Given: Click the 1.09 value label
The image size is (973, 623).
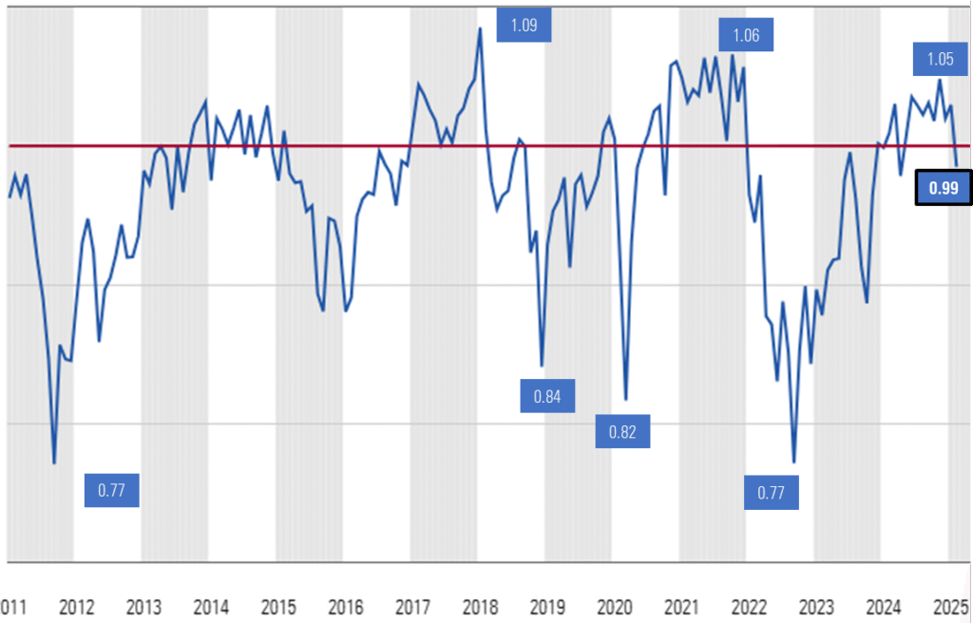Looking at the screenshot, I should click(524, 26).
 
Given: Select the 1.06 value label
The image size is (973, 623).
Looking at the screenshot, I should click(746, 36).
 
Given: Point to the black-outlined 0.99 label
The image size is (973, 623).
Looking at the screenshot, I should click(943, 188).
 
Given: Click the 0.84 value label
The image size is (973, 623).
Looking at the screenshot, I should click(547, 396).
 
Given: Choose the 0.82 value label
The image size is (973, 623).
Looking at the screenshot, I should click(622, 432).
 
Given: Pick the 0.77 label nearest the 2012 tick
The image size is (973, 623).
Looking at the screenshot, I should click(112, 491).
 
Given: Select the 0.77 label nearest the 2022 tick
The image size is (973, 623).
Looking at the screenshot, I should click(771, 492).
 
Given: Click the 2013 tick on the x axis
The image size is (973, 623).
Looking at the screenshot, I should click(143, 609).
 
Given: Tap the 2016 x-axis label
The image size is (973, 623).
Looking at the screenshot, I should click(345, 609).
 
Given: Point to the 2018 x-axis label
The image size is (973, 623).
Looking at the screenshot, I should click(480, 609).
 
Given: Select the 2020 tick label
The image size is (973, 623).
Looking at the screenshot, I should click(614, 609).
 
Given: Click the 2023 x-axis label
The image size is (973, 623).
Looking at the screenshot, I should click(816, 609).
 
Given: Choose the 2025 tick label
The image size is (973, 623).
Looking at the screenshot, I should click(950, 609).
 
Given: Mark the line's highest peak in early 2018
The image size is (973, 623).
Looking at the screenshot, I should click(480, 28).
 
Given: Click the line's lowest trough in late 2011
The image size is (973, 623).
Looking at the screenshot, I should click(54, 463).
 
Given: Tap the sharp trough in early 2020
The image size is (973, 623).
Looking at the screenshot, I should click(626, 399).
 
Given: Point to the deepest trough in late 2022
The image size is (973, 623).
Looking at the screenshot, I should click(793, 462).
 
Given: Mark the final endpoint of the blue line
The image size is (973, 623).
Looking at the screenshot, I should click(956, 165).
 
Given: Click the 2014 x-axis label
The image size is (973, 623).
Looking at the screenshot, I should click(211, 609).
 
